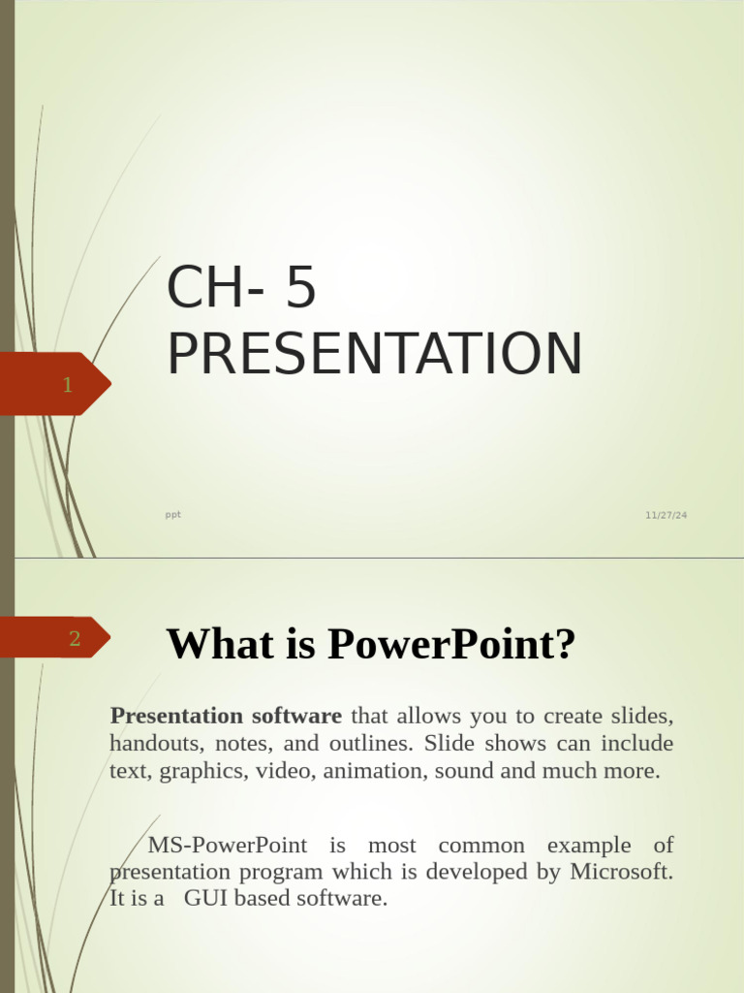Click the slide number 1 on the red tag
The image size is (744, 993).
[67, 385]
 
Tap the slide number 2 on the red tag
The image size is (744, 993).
[75, 638]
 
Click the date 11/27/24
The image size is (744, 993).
[666, 515]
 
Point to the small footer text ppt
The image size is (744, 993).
[173, 515]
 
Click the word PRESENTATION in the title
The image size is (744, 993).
[375, 354]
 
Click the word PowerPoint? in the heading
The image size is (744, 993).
[451, 644]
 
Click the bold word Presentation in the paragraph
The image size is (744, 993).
[176, 717]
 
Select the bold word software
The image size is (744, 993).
[296, 717]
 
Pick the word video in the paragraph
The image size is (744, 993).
[286, 771]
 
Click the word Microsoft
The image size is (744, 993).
[621, 871]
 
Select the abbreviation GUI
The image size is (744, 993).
[205, 898]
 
